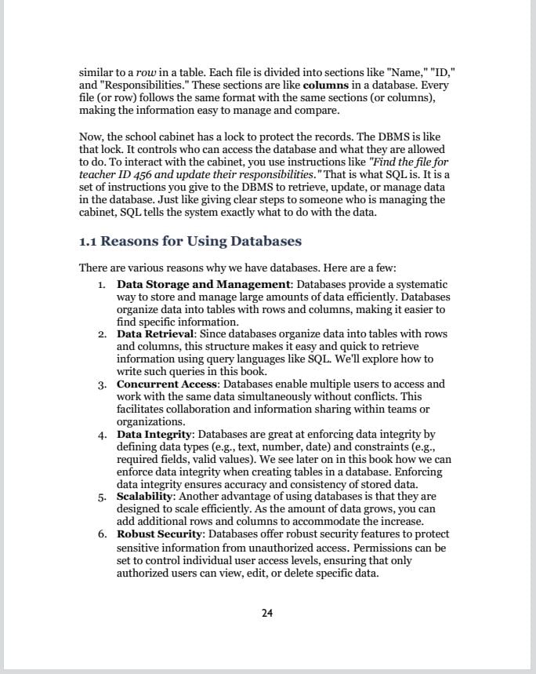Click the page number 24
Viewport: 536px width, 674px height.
(267, 613)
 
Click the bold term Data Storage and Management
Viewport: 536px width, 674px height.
(204, 284)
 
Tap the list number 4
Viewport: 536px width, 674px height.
(102, 435)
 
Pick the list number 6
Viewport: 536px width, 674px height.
(102, 535)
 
